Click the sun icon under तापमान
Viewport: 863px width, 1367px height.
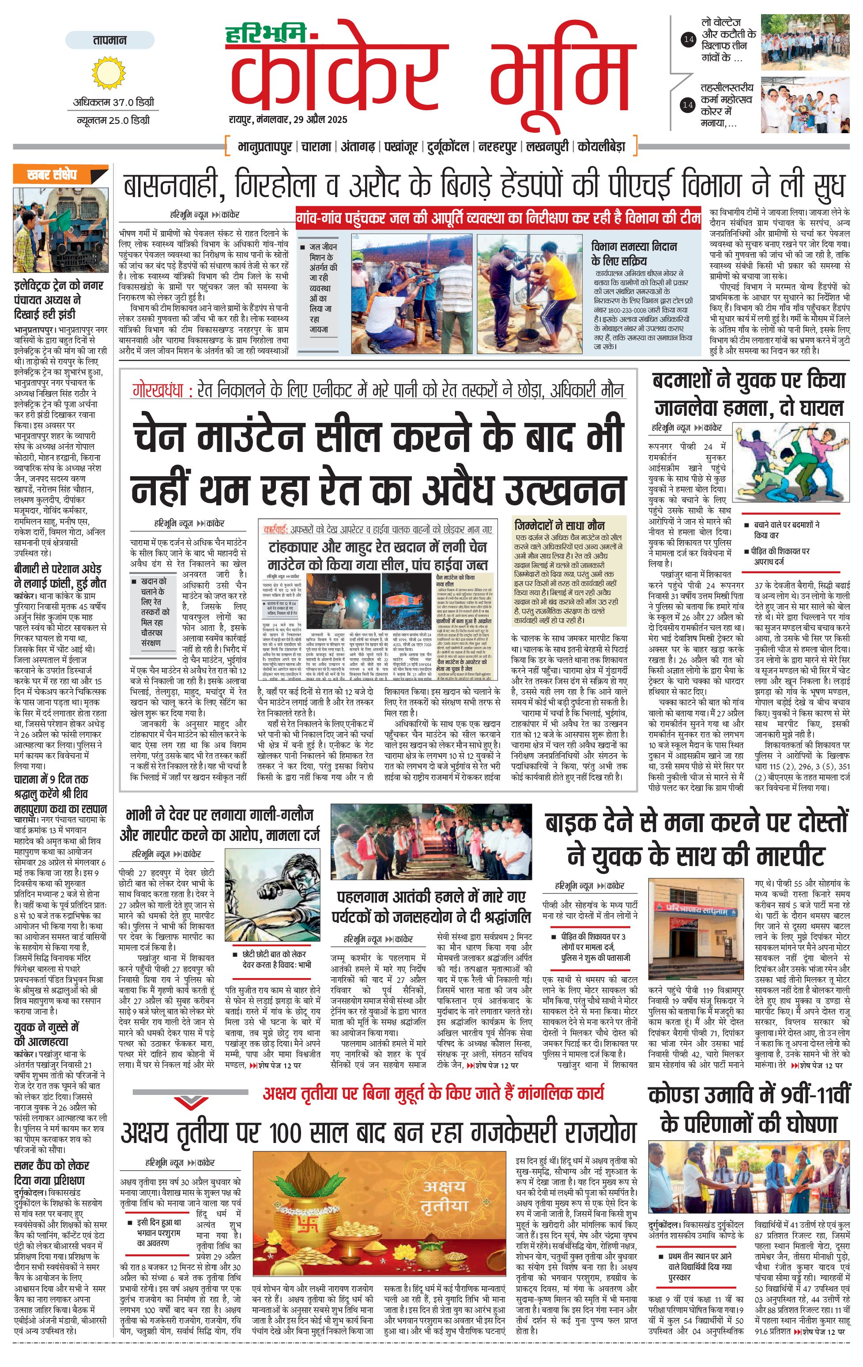109,73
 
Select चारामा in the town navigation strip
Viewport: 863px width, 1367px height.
316,146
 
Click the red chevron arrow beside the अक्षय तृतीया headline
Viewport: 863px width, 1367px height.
192,1102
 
